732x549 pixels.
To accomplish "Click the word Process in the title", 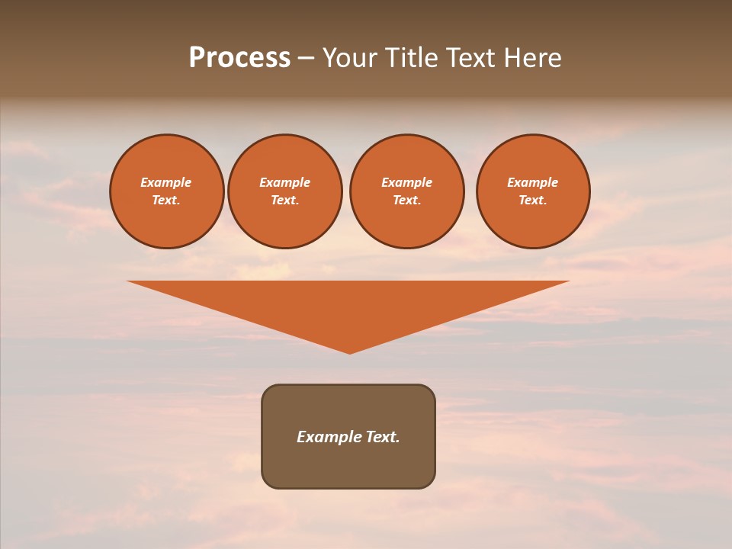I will [239, 58].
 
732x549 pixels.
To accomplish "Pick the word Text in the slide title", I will [471, 58].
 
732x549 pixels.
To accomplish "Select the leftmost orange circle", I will [166, 191].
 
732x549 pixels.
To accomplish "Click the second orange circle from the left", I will [284, 191].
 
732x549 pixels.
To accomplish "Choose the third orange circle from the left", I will [406, 191].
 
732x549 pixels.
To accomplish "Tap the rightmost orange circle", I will [533, 191].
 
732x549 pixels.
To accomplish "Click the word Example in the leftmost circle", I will [166, 182].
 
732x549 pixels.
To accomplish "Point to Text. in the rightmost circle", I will [533, 200].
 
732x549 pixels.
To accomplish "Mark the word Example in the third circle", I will [406, 182].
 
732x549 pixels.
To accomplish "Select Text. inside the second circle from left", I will [284, 200].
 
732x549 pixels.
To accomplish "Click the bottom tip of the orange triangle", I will [349, 352].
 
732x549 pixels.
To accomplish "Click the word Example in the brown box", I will [329, 437].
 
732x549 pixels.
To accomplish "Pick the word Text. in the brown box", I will [382, 437].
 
